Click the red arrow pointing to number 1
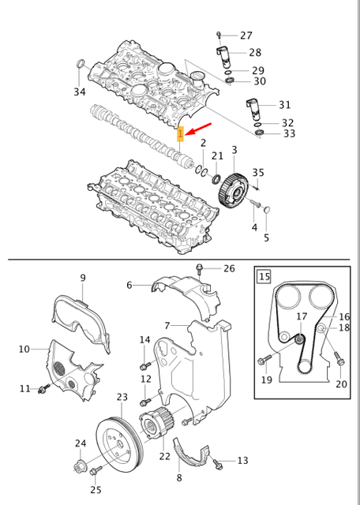pyautogui.click(x=200, y=129)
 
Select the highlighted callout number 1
pyautogui.click(x=180, y=134)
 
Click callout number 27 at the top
pyautogui.click(x=246, y=36)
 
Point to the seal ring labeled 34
pyautogui.click(x=80, y=65)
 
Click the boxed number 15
pyautogui.click(x=264, y=277)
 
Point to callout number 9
pyautogui.click(x=82, y=278)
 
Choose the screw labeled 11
pyautogui.click(x=46, y=388)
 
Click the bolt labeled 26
pyautogui.click(x=201, y=270)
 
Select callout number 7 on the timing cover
pyautogui.click(x=167, y=325)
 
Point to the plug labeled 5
pyautogui.click(x=266, y=210)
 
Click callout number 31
pyautogui.click(x=285, y=105)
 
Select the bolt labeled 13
pyautogui.click(x=218, y=459)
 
